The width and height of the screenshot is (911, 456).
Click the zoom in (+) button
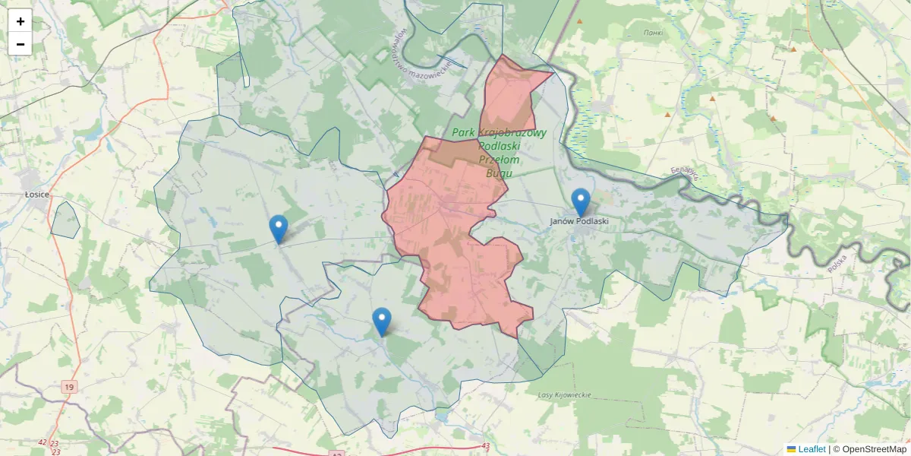click(x=20, y=21)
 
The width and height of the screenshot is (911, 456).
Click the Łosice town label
click(x=36, y=195)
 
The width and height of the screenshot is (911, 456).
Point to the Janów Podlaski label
click(x=580, y=221)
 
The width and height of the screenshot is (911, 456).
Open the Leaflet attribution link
click(x=811, y=449)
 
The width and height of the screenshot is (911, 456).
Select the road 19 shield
click(x=69, y=388)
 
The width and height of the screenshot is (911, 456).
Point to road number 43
click(x=486, y=446)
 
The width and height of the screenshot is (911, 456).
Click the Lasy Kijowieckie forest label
click(x=564, y=395)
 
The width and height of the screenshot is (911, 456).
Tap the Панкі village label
click(x=653, y=33)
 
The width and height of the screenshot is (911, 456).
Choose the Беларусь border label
click(x=685, y=174)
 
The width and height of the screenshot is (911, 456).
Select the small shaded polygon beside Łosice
click(x=65, y=220)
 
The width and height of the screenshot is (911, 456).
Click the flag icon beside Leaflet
click(x=791, y=449)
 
